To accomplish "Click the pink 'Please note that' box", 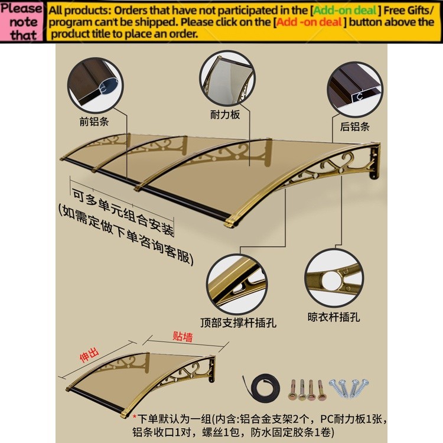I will (22, 22).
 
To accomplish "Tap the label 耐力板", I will (225, 115).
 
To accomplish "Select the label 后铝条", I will (354, 126).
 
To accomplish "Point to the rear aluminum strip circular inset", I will (355, 89).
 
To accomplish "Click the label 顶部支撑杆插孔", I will (238, 323).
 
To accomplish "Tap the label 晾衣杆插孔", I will (334, 317).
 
